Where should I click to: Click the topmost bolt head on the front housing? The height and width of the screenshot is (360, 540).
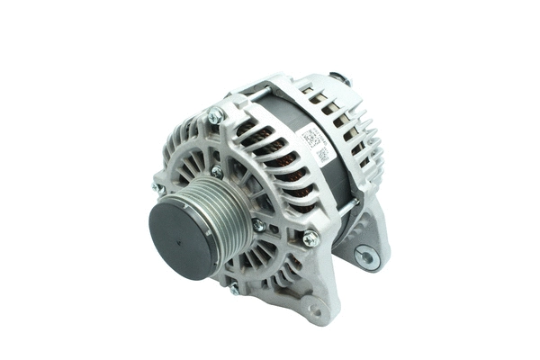[215, 114]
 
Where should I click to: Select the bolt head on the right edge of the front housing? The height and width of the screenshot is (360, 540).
[310, 238]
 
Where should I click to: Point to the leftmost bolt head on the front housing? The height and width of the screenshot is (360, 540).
[158, 188]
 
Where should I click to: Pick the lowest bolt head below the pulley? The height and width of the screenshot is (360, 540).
[235, 288]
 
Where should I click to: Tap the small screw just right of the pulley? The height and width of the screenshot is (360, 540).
[259, 225]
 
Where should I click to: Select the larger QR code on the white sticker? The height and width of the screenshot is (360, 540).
[310, 138]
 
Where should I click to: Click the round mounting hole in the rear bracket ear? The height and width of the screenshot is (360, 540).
[365, 257]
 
